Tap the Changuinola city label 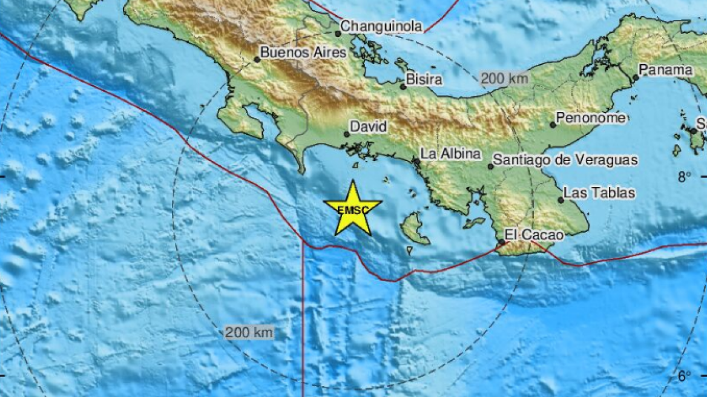click(x=381, y=26)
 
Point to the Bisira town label click(x=424, y=79)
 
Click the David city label click(x=369, y=128)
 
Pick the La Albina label click(x=451, y=154)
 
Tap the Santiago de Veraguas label click(x=565, y=160)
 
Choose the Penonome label click(x=591, y=119)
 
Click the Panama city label click(x=666, y=70)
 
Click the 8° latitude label click(x=684, y=177)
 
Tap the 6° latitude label click(x=684, y=376)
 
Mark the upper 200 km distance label click(x=504, y=79)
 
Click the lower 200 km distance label click(x=249, y=332)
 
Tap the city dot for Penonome click(x=553, y=125)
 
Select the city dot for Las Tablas click(x=561, y=200)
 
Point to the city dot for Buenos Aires click(x=257, y=59)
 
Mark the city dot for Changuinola click(x=338, y=33)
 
